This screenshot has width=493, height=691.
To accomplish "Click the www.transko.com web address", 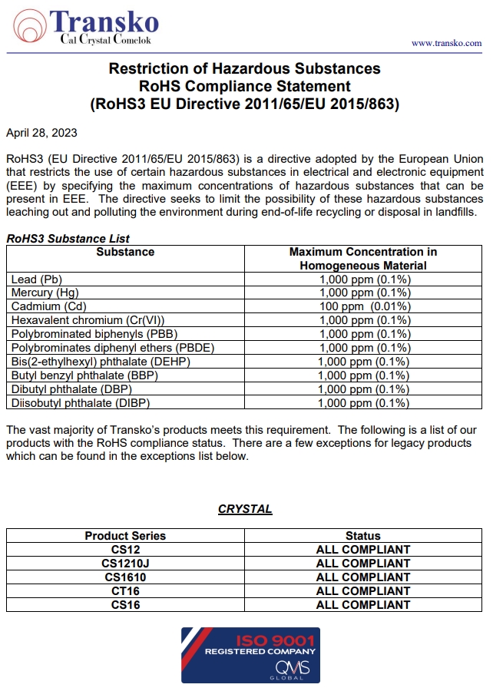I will tap(446, 44).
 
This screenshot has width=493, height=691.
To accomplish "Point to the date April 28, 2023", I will tap(41, 133).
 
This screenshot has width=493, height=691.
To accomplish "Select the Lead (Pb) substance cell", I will tap(36, 279).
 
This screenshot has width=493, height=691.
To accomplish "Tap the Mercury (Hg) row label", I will tap(45, 293).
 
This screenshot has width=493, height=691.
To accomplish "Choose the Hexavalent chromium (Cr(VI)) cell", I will tap(88, 320).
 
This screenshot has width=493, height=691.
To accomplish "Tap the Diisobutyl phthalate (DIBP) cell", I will tap(81, 403).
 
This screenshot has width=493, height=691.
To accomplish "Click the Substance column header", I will tap(125, 252).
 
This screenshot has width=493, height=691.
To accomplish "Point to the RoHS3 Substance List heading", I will tap(68, 239).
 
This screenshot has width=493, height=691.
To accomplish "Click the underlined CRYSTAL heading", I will tap(245, 509).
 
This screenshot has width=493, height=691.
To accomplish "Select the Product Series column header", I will tap(125, 536).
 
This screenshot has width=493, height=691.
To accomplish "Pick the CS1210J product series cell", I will tap(125, 564).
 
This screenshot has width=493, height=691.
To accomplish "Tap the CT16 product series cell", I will tap(125, 591).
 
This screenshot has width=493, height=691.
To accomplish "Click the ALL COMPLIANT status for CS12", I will tap(363, 550).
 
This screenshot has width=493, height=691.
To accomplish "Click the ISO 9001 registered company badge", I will tap(250, 655).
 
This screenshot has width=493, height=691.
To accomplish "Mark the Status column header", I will tap(363, 536).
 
